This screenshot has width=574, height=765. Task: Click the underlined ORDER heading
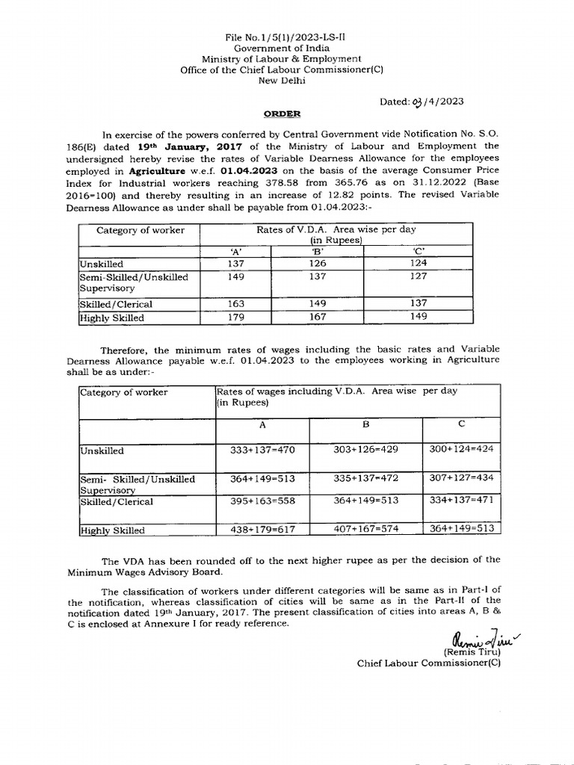[x=282, y=114]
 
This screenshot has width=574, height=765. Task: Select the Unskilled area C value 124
[x=419, y=264]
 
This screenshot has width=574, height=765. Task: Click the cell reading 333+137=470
[x=262, y=450]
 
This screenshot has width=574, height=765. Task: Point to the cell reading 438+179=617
[x=262, y=530]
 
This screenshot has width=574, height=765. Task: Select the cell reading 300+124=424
[x=461, y=449]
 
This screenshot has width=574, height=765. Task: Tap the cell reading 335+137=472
[x=365, y=478]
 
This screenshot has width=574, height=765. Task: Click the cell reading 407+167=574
[x=365, y=529]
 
